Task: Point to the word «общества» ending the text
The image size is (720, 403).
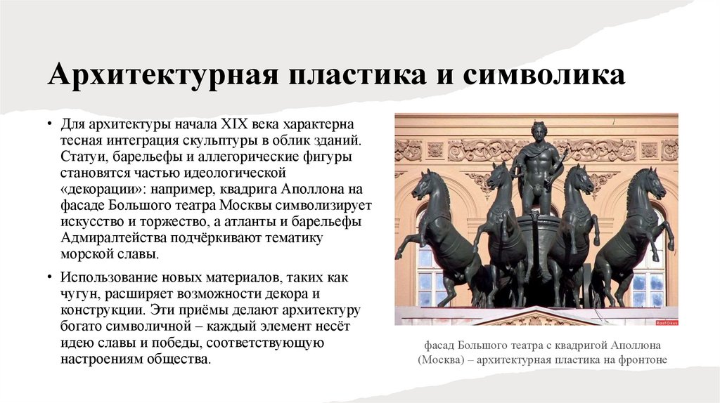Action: point(181,359)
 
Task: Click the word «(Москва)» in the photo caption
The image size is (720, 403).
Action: point(442,360)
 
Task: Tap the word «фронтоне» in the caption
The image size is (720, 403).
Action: point(641,360)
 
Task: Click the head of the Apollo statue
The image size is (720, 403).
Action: point(539,131)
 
